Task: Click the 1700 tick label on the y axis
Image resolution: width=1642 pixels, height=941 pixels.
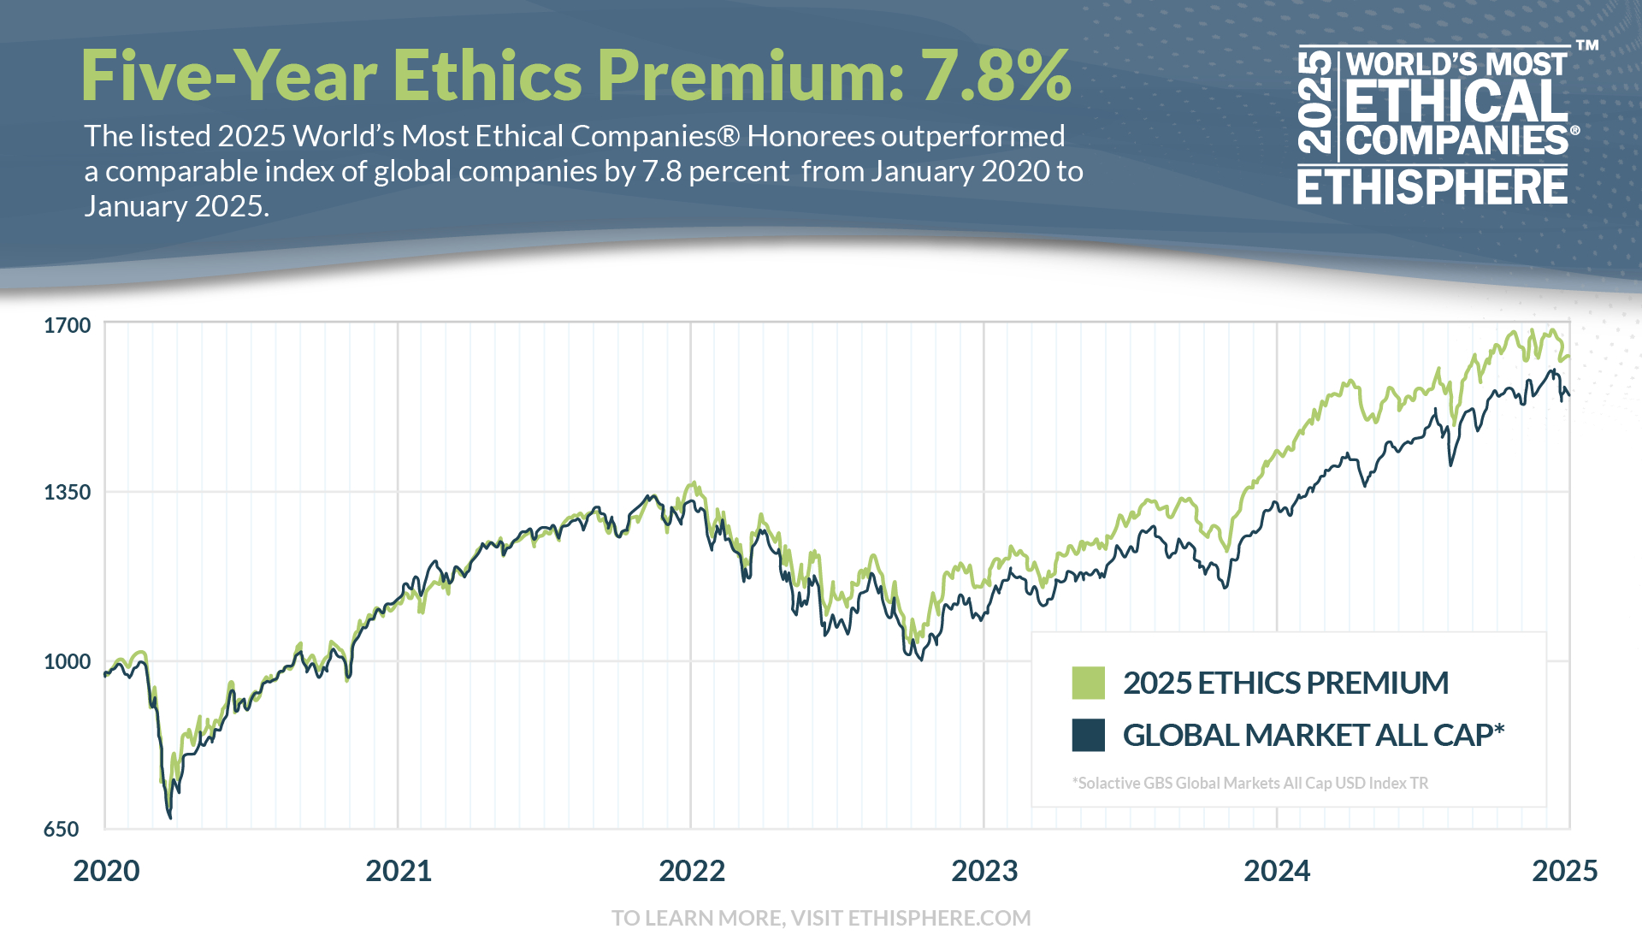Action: point(67,326)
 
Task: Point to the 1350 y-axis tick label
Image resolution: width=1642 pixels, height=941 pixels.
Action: point(67,493)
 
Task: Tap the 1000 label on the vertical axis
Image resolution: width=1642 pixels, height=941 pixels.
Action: point(67,661)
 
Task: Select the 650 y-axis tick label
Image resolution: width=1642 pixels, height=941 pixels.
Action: point(61,829)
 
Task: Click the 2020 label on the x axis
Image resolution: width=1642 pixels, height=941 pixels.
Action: point(106,871)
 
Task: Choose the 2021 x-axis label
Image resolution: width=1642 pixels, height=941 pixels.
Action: point(399,871)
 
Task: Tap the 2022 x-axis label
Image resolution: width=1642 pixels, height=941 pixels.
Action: point(692,871)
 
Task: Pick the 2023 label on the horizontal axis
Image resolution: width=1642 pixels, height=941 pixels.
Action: point(984,871)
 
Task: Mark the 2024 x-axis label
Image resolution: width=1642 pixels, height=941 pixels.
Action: point(1277,871)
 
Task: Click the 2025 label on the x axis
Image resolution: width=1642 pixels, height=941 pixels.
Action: point(1564,871)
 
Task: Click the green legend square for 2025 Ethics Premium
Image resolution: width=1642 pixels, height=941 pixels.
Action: point(1088,684)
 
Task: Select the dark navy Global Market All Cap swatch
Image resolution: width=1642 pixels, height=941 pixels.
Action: point(1088,735)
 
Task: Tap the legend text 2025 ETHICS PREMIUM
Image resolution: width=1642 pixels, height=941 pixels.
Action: point(1285,684)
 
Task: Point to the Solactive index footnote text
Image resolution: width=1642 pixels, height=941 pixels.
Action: point(1249,783)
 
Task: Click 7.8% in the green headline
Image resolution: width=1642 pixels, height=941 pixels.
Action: point(995,75)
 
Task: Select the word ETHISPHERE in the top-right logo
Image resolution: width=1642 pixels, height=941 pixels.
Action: point(1432,186)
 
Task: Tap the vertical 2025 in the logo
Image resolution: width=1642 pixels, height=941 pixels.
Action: point(1315,103)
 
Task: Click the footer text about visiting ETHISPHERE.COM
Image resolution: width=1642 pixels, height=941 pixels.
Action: point(821,918)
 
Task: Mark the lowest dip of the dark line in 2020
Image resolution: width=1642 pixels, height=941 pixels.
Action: point(170,818)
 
